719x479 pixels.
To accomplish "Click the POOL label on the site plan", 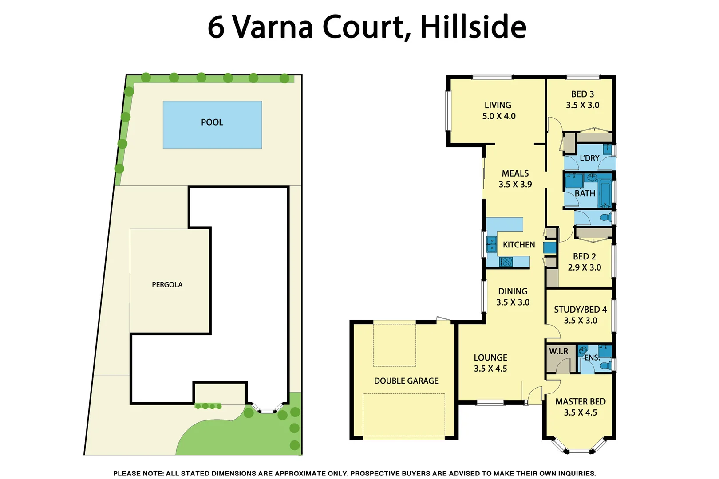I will pos(212,122).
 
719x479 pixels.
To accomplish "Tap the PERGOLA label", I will pos(167,285).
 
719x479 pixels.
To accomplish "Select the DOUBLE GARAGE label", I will pos(406,381).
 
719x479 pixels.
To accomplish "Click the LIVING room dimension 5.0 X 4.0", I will pos(499,116).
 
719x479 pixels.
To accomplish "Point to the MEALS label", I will pos(515,173).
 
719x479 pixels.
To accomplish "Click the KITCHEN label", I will pos(518,245).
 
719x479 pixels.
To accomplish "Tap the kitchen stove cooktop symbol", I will pos(506,262).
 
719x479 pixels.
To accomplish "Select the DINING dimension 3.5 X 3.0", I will pos(513,302).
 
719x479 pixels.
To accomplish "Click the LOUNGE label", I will pos(490,357).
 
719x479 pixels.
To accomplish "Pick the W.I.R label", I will pos(558,351).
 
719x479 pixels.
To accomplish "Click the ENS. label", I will pos(592,357).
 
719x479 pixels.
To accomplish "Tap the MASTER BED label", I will pos(580,401).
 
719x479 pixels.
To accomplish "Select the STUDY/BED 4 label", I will pos(580,310).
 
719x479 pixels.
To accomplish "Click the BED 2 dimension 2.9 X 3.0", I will pos(584,267).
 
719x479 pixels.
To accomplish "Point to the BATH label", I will pos(585,194).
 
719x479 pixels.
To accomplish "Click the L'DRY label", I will pos(589,158).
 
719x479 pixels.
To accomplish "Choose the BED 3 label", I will pos(582,94).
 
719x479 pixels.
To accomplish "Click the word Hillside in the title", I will pos(473,27).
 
